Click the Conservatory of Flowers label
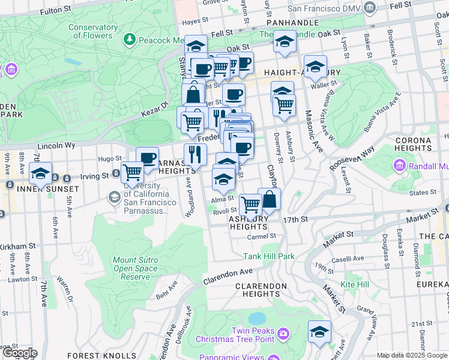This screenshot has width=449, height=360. [x=92, y=31]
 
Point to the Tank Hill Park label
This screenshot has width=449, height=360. [x=268, y=256]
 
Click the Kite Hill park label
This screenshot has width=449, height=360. [x=355, y=284]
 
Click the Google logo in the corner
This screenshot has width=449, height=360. [x=19, y=353]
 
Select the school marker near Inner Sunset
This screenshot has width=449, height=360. [x=40, y=173]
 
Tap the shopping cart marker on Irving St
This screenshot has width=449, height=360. [x=132, y=172]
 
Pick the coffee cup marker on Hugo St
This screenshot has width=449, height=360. [x=147, y=158]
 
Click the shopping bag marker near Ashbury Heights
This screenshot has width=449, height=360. [x=270, y=199]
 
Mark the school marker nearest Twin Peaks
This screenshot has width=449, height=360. [x=319, y=331]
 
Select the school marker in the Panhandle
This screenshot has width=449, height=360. [x=285, y=41]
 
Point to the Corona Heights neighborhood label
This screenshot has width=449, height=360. [x=413, y=144]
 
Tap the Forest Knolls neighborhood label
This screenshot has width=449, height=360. [x=101, y=355]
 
